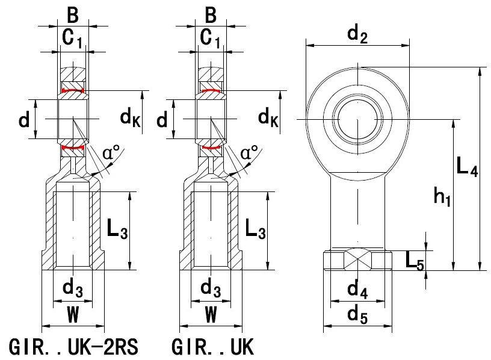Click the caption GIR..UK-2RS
tap(74, 347)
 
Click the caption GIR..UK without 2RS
tap(213, 347)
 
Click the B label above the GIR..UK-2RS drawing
tap(72, 14)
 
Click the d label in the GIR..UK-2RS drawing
tap(24, 120)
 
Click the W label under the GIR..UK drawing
tap(211, 314)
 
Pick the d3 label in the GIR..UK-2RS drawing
tap(72, 290)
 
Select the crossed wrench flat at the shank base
tap(357, 259)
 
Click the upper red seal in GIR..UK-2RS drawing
tap(72, 91)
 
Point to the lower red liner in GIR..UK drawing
tap(211, 146)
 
